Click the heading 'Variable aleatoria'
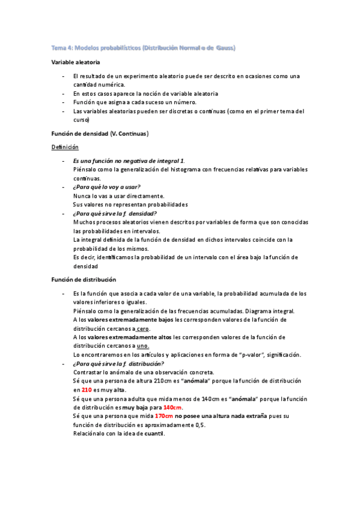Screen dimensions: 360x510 point(76,62)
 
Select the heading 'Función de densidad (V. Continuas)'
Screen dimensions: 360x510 point(100,132)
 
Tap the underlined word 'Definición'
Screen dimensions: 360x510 point(65,147)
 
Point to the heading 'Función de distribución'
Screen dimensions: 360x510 point(84,280)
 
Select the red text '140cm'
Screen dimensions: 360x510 point(172,407)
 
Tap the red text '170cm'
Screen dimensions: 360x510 point(164,416)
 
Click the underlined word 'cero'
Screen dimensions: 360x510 point(142,329)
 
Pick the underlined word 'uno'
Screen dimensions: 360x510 point(142,346)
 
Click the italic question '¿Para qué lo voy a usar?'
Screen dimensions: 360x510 point(106,187)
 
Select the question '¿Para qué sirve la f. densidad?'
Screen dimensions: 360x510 point(115,213)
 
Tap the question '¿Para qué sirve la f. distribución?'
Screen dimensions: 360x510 point(118,364)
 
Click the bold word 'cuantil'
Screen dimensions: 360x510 point(154,433)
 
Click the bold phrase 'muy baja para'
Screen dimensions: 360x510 point(142,407)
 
